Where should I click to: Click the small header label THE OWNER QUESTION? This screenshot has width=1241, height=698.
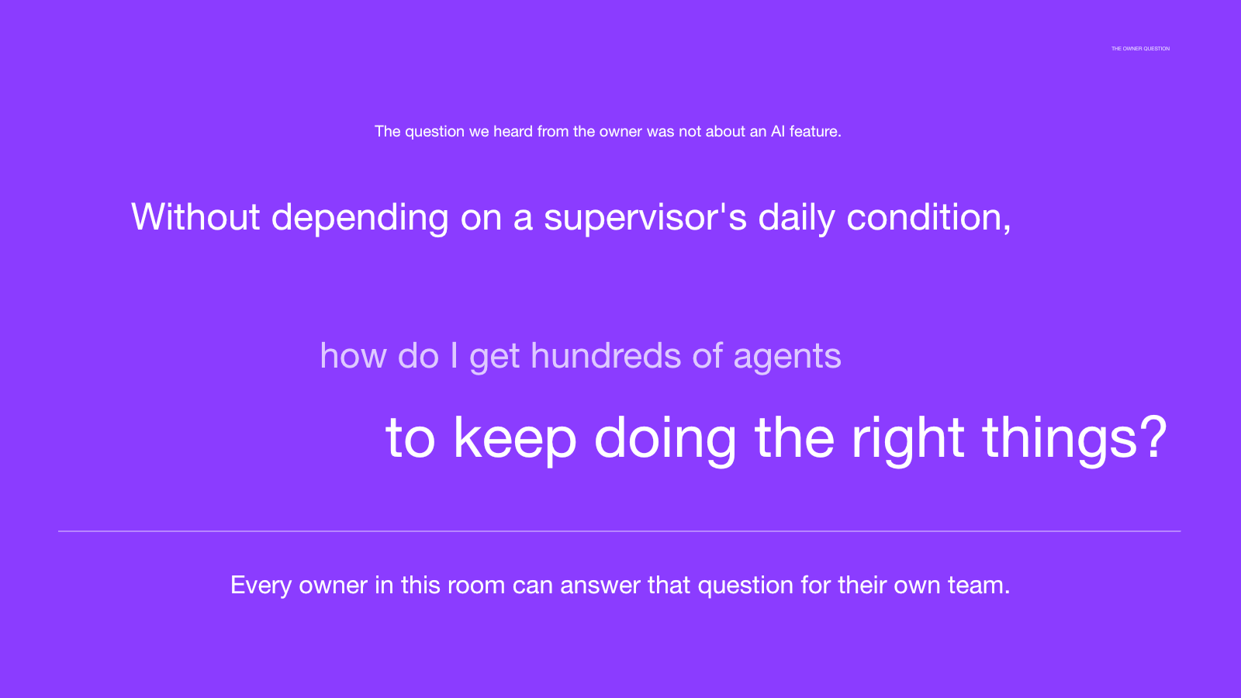pyautogui.click(x=1140, y=49)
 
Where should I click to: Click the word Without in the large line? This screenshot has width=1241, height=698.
pyautogui.click(x=195, y=216)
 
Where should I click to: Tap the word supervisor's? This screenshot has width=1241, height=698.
pyautogui.click(x=645, y=218)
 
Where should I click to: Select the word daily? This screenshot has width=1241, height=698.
pyautogui.click(x=797, y=218)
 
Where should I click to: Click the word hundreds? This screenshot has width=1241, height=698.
pyautogui.click(x=606, y=355)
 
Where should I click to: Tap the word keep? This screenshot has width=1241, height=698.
pyautogui.click(x=515, y=437)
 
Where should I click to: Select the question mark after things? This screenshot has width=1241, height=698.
pyautogui.click(x=1154, y=437)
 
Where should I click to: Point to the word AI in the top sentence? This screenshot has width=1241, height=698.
pyautogui.click(x=778, y=131)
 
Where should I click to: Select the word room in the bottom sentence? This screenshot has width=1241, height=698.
pyautogui.click(x=476, y=586)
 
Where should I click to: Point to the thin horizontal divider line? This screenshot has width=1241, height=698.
pyautogui.click(x=620, y=531)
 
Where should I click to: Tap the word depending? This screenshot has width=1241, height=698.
pyautogui.click(x=360, y=218)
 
